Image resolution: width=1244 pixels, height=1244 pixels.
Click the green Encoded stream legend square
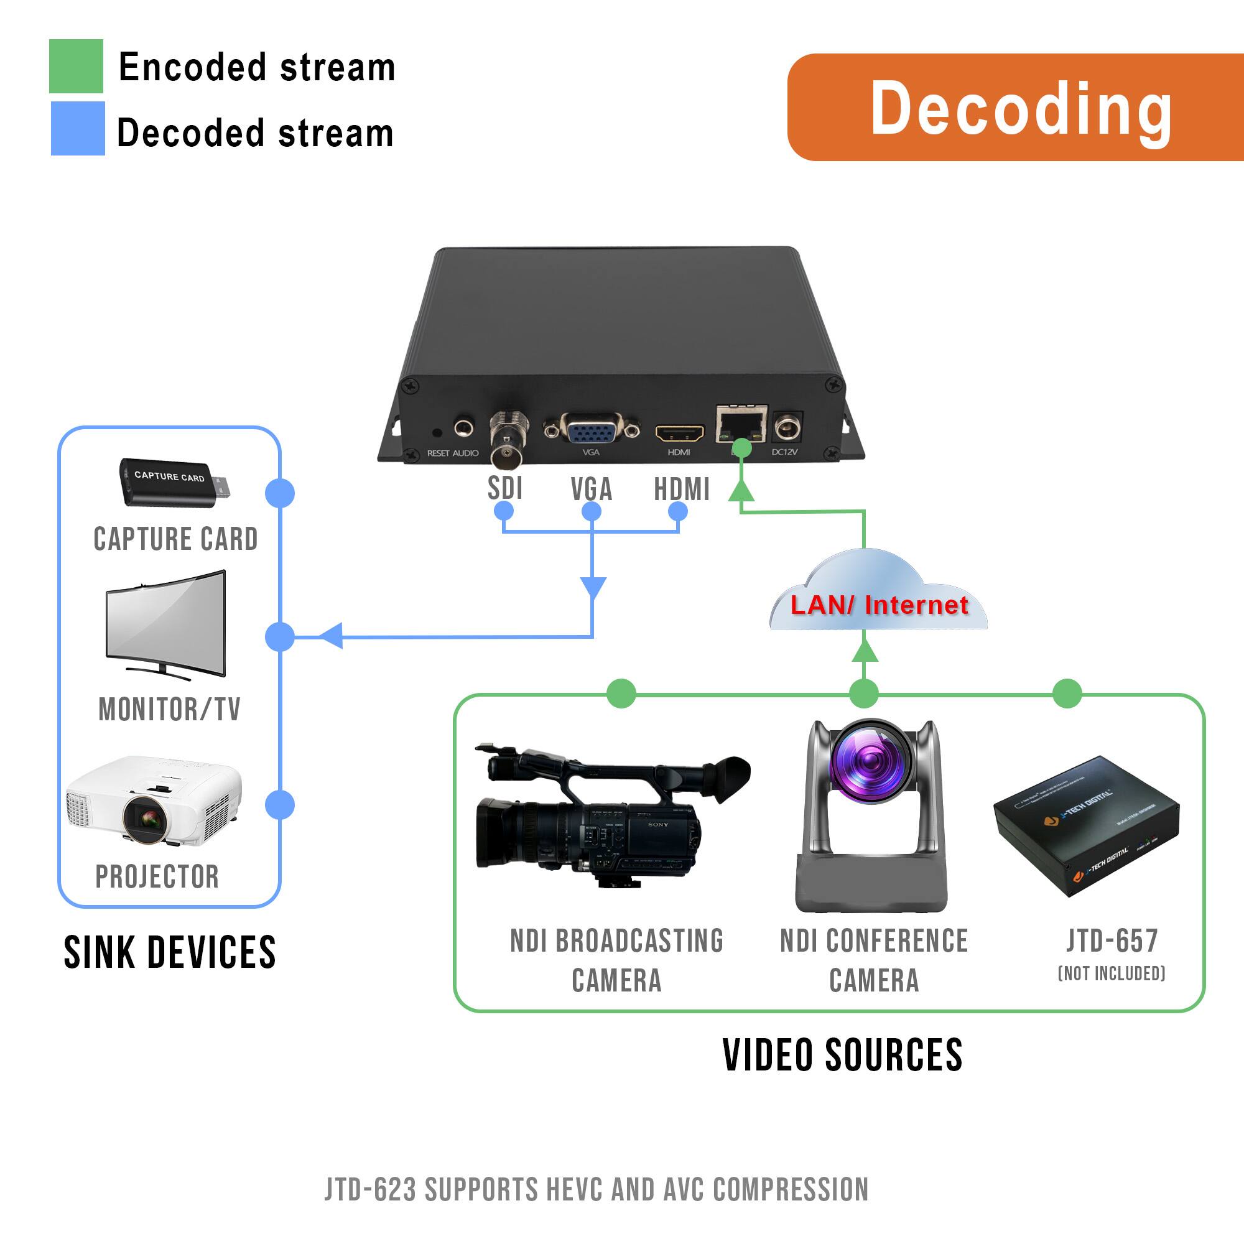(76, 67)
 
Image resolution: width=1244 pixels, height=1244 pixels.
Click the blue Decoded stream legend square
(77, 128)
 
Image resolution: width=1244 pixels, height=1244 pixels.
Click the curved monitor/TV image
(166, 623)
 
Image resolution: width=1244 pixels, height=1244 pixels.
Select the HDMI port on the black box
(679, 432)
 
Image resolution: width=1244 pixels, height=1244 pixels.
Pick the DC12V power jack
(786, 428)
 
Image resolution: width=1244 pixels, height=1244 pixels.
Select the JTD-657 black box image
(1086, 826)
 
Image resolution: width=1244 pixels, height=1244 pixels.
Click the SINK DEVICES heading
(169, 953)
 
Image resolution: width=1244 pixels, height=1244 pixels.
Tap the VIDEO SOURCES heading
(842, 1056)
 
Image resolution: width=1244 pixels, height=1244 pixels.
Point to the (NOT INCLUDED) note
(1112, 973)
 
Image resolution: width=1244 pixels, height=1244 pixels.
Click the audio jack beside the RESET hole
(463, 428)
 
